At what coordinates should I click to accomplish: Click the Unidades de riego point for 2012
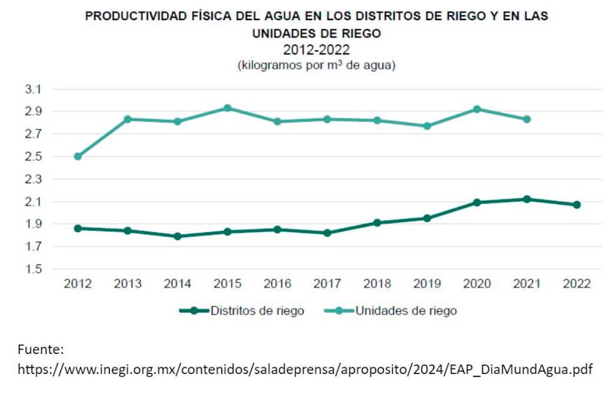pos(78,156)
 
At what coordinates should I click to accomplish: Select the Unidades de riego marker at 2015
pos(228,108)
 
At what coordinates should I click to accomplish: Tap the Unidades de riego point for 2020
pos(477,109)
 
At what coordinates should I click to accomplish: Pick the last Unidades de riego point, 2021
pos(527,119)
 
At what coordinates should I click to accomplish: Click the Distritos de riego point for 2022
pos(577,205)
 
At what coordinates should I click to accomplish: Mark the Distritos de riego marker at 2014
pos(178,236)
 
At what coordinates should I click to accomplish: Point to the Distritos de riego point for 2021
pos(527,199)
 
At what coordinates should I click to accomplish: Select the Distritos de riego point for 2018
pos(377,223)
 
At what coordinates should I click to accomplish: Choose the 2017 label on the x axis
pos(327,284)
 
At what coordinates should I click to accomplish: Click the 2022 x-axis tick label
pos(577,284)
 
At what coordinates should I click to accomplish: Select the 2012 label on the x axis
pos(78,284)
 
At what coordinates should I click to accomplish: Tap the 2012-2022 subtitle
pos(316,50)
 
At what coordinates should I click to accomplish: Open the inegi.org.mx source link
pos(305,369)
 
